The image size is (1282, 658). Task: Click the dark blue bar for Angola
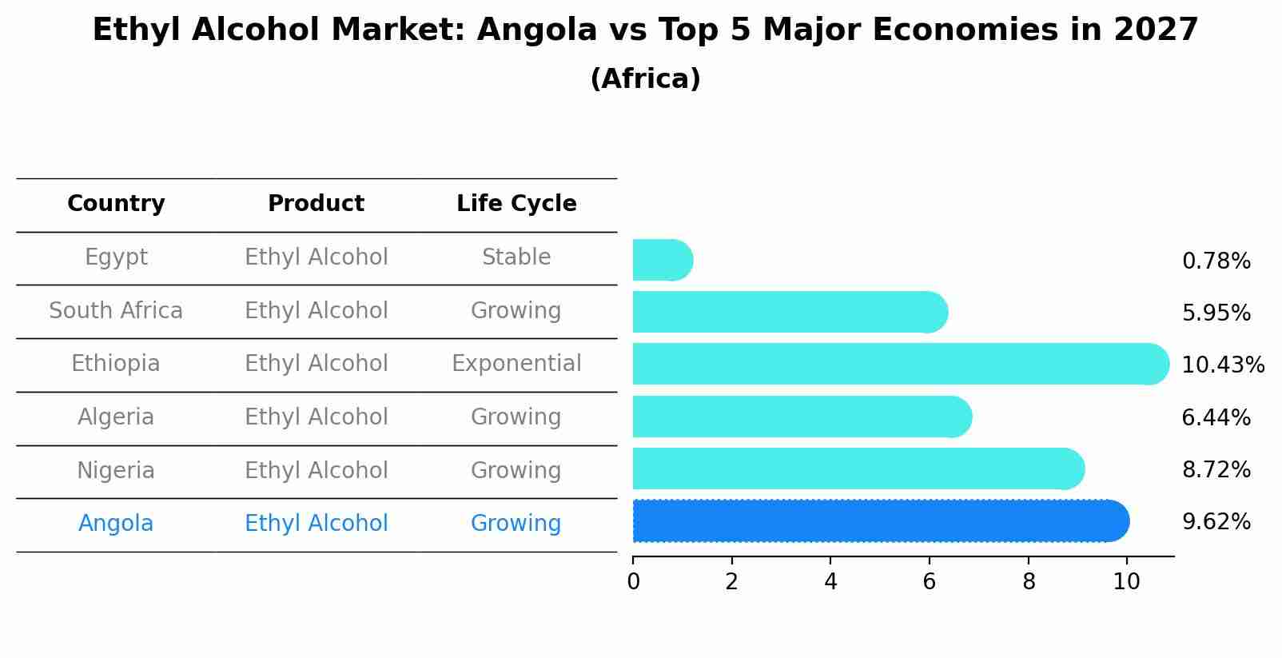[879, 521]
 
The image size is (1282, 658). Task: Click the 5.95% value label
[1216, 313]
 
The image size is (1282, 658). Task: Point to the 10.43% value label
[1222, 365]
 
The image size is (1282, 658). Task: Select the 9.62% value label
[1216, 522]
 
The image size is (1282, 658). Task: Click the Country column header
[116, 204]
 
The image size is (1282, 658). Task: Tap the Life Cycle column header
[516, 204]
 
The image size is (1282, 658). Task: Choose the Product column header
[316, 204]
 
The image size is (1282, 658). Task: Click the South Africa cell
[116, 310]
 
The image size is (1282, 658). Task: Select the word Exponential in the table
[516, 364]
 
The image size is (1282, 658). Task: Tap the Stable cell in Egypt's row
[516, 257]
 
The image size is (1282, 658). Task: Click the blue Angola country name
[116, 524]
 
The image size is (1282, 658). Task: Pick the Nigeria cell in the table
[116, 470]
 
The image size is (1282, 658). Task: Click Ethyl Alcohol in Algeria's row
[316, 417]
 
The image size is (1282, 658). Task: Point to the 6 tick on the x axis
[929, 581]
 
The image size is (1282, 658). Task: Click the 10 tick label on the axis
[1126, 581]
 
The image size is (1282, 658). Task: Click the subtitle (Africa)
[645, 79]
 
